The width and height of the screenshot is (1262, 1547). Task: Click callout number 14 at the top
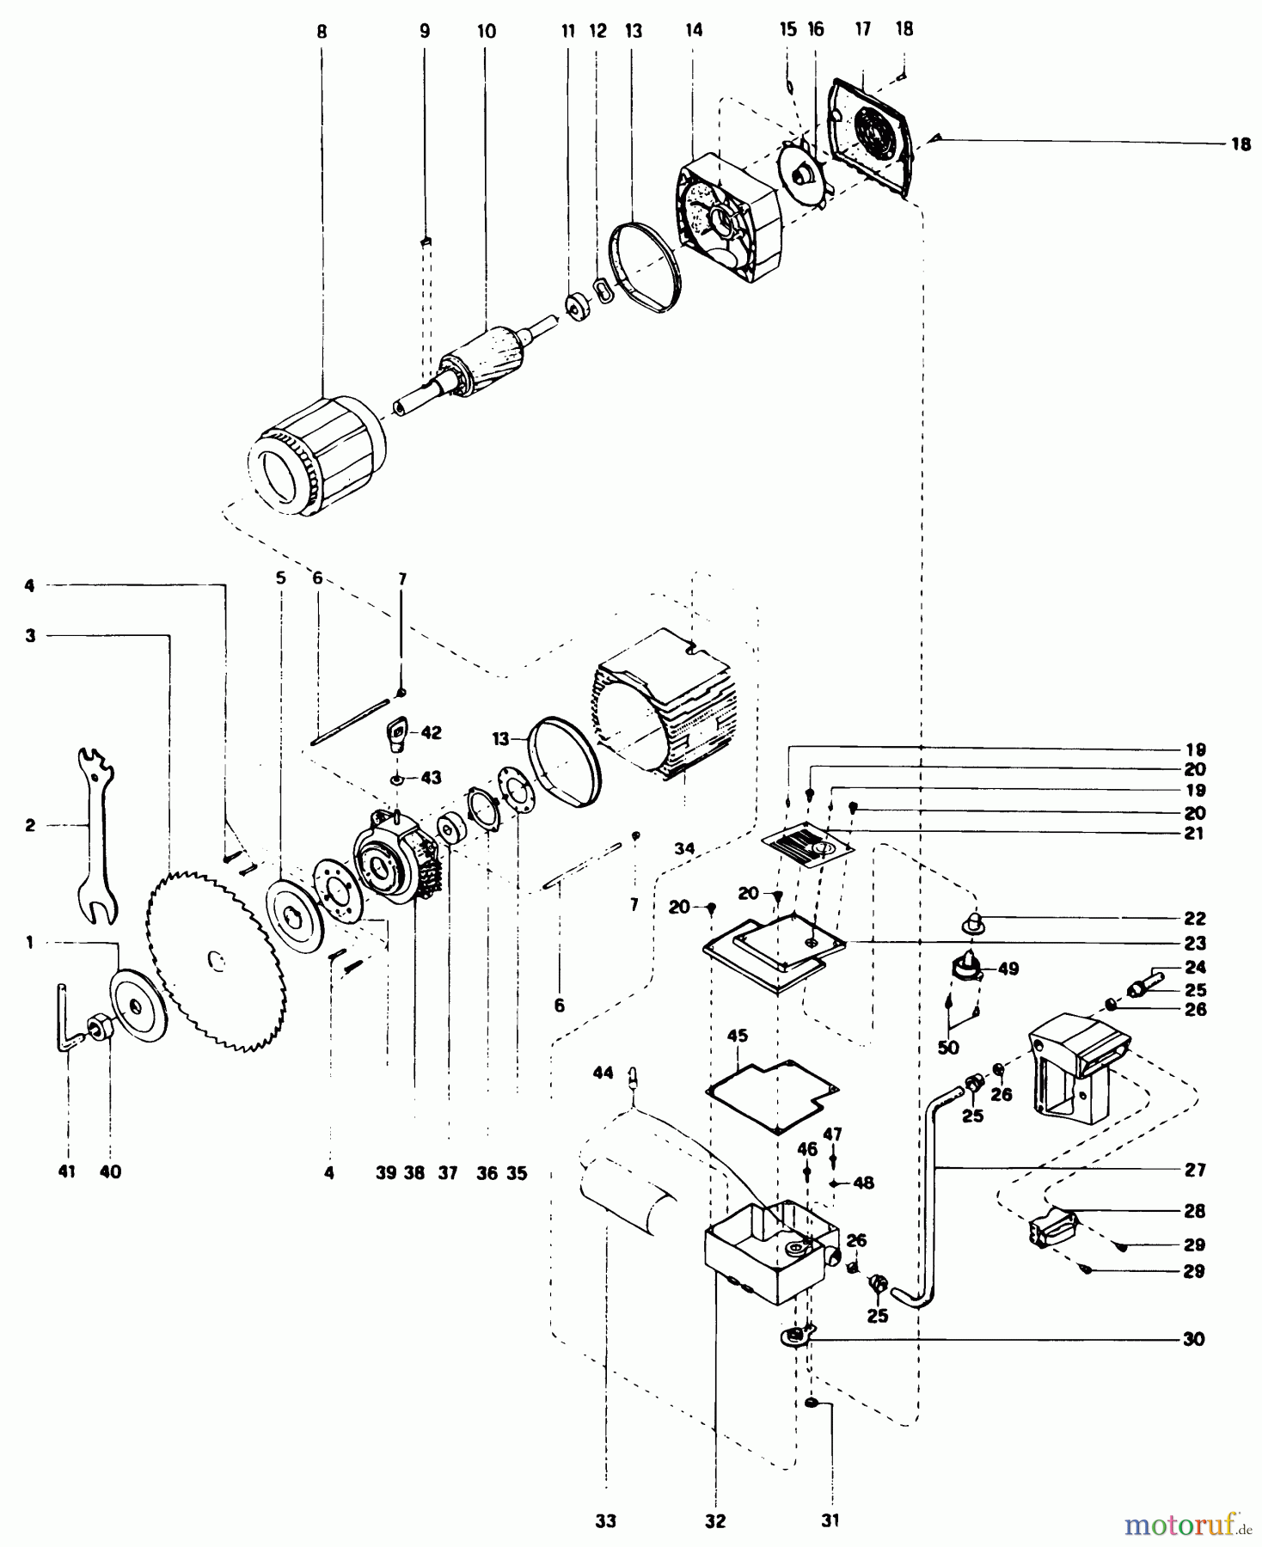pos(694,31)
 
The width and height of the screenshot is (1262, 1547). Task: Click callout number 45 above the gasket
pos(738,1036)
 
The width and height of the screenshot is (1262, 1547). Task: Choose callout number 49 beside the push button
pos(1008,969)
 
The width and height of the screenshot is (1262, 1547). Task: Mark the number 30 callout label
pos(1193,1339)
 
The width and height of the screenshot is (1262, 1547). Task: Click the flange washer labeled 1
pos(138,1006)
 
